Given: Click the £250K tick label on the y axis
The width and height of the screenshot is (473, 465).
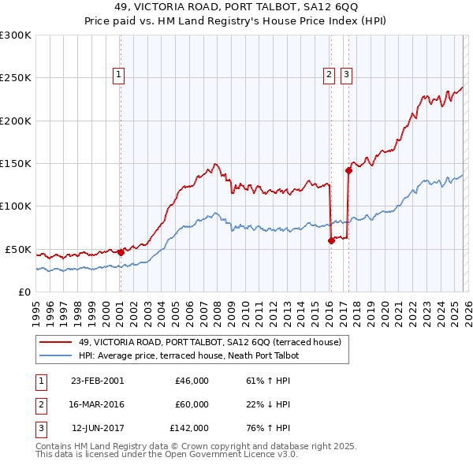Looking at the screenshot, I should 16,78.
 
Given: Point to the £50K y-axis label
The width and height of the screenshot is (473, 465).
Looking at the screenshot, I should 18,249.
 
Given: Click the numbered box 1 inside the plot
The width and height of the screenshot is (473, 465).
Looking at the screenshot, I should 119,75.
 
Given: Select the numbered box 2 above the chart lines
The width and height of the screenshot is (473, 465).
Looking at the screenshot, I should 328,75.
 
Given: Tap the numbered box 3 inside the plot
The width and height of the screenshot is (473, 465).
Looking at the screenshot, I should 346,75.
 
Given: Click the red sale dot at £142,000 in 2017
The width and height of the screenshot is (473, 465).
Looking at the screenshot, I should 348,169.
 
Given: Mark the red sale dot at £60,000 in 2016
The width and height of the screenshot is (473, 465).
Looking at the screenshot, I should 331,241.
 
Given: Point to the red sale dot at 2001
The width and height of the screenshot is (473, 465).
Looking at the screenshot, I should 121,252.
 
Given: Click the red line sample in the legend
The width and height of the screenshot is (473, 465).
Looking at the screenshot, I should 58,342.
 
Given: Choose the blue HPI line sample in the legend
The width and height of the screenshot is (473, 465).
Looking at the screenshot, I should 58,355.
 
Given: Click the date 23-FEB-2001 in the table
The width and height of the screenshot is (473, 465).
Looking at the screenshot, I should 97,381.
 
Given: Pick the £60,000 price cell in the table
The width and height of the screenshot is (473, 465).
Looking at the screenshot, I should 192,404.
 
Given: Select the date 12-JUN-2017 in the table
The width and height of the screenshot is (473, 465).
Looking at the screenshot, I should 97,428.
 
